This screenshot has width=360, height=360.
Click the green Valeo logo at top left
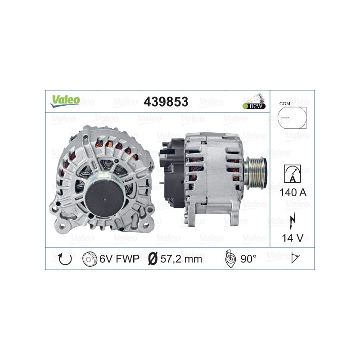click(x=65, y=101)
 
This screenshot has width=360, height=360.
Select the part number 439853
click(x=166, y=102)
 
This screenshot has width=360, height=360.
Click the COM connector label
click(x=284, y=104)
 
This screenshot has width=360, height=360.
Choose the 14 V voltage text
click(x=292, y=237)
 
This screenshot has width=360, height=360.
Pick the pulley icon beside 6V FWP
click(x=90, y=259)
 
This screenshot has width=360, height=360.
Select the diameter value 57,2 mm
click(x=181, y=259)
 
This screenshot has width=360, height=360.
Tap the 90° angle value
click(x=248, y=259)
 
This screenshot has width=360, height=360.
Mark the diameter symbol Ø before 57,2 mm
click(x=153, y=259)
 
